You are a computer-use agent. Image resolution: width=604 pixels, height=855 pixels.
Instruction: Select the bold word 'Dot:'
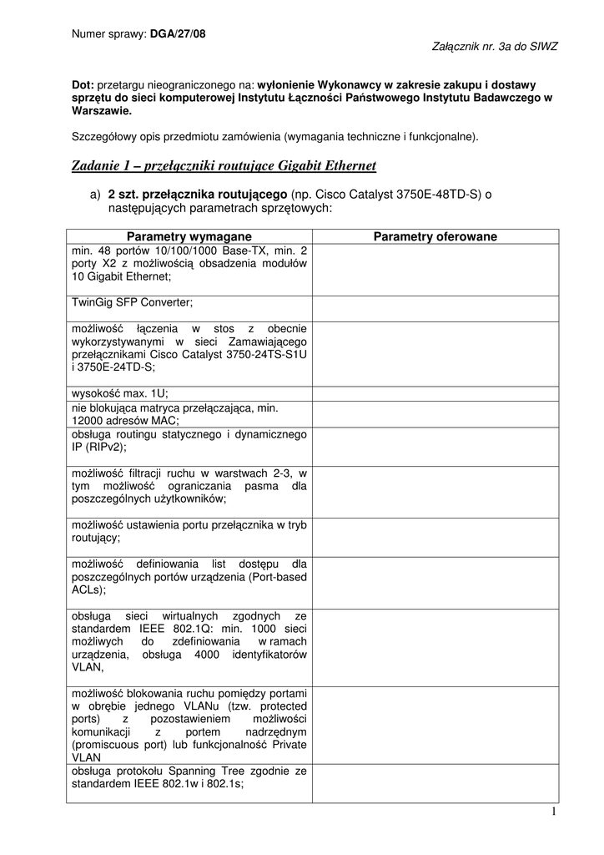point(83,84)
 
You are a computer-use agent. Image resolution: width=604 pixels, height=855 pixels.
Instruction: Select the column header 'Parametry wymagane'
point(189,236)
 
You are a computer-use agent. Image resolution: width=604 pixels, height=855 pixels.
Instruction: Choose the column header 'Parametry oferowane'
point(435,236)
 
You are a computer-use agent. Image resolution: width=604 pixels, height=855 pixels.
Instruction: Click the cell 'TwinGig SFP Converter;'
point(133,302)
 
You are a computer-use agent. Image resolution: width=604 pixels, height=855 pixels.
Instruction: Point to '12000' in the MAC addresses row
point(89,421)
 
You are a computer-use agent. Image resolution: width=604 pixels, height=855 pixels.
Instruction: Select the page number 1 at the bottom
point(553,813)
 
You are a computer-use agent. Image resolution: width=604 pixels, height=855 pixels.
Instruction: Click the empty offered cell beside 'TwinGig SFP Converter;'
point(435,307)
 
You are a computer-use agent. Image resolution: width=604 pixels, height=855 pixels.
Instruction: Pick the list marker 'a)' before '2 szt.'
point(96,195)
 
